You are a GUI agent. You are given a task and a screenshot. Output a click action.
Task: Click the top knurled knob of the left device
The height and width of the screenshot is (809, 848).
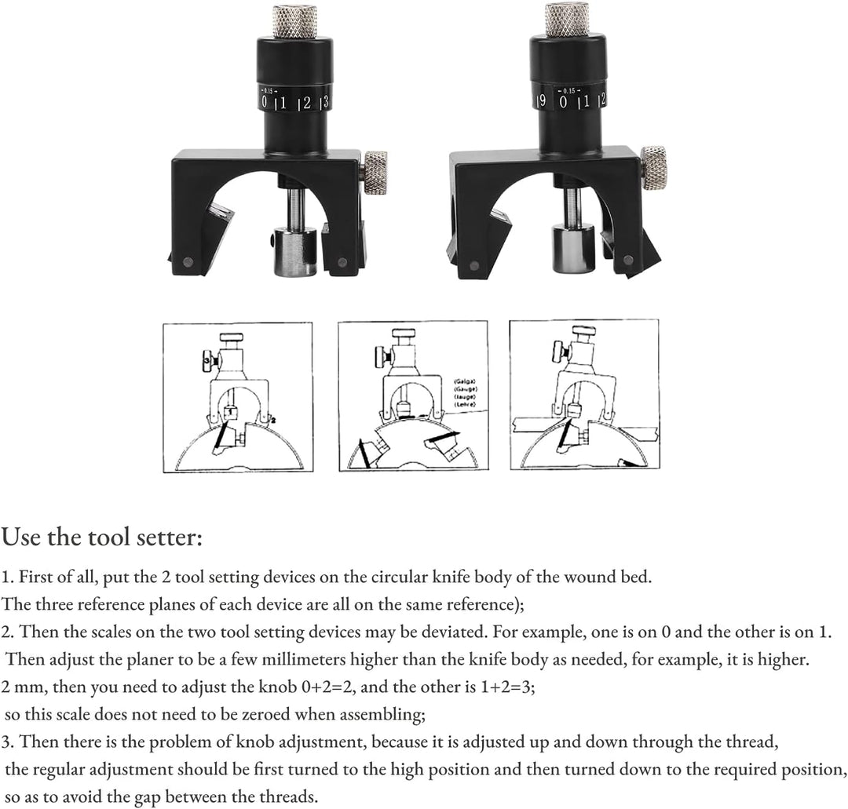pyautogui.click(x=295, y=21)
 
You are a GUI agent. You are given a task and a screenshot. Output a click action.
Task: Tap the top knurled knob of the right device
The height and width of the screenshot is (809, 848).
pyautogui.click(x=566, y=19)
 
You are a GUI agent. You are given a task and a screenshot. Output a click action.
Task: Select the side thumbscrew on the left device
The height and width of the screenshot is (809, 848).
pyautogui.click(x=375, y=172)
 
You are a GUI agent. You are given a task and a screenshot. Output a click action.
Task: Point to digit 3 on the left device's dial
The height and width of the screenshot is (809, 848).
pyautogui.click(x=324, y=101)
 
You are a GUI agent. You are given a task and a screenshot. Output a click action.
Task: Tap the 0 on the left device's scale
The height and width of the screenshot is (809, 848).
pyautogui.click(x=265, y=102)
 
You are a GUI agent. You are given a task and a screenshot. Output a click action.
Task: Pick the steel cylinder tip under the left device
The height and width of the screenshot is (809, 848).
pyautogui.click(x=295, y=250)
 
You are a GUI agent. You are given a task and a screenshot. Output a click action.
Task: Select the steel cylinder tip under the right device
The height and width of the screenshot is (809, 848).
pyautogui.click(x=572, y=247)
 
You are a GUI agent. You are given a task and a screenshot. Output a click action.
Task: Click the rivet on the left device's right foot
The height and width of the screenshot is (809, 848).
pyautogui.click(x=342, y=263)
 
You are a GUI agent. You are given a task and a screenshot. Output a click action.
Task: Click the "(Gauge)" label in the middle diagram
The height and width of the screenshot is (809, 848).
pyautogui.click(x=466, y=389)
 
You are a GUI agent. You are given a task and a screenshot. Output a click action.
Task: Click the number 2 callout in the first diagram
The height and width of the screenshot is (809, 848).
pyautogui.click(x=276, y=421)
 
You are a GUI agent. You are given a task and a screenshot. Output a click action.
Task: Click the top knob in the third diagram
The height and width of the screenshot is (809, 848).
pyautogui.click(x=582, y=333)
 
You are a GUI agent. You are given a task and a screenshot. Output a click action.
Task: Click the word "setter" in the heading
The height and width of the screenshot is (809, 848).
pyautogui.click(x=167, y=538)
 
